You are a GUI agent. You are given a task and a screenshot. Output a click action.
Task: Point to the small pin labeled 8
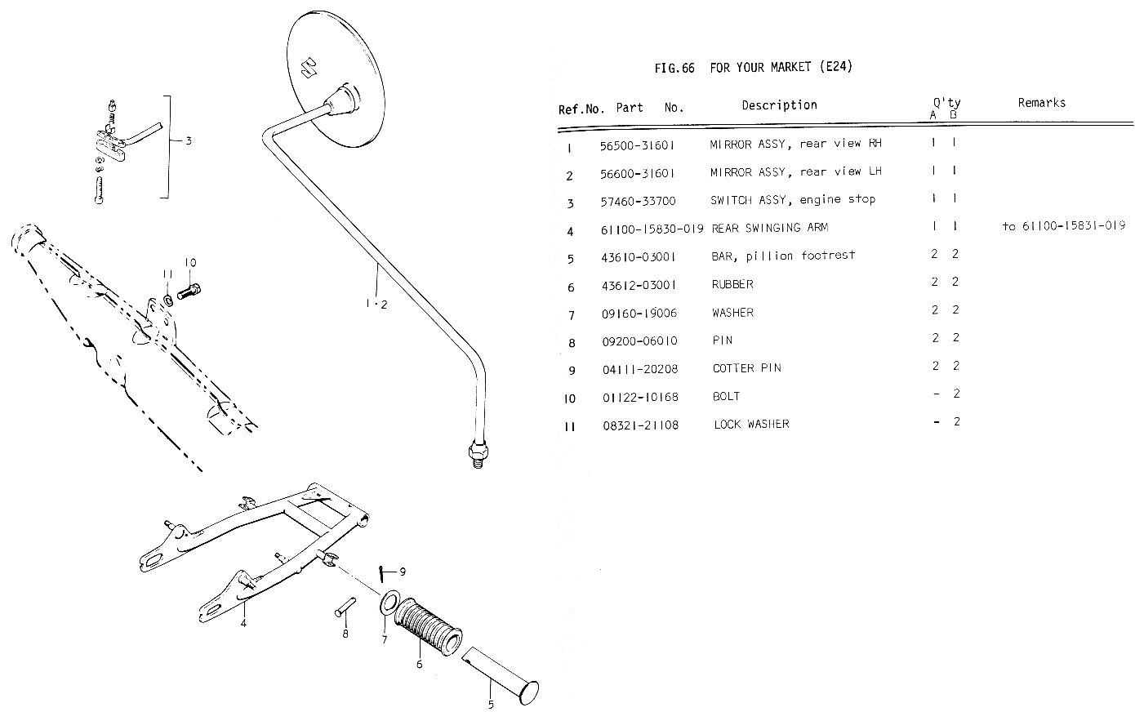(x=343, y=610)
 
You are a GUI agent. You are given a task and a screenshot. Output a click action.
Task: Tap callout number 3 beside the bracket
(x=188, y=141)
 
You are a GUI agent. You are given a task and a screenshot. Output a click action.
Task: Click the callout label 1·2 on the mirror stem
(x=376, y=305)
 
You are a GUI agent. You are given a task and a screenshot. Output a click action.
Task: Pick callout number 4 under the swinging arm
(x=243, y=624)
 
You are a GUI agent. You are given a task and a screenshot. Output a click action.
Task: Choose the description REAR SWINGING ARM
(x=759, y=228)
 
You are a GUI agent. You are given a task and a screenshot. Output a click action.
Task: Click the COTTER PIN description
(x=746, y=368)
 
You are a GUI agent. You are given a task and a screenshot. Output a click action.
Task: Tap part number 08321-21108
(x=639, y=425)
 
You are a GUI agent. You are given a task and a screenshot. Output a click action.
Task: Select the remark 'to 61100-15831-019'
(x=1063, y=226)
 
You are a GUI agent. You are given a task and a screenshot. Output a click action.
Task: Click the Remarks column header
(x=1041, y=103)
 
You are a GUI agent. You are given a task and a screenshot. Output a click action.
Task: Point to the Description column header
(x=779, y=105)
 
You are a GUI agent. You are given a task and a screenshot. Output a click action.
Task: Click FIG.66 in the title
(x=674, y=68)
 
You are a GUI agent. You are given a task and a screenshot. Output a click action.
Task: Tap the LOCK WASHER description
(x=751, y=425)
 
